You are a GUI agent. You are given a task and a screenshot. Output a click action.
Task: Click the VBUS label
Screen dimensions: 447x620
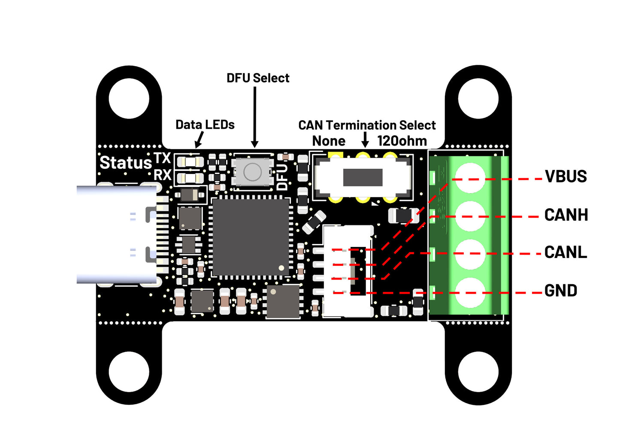click(566, 176)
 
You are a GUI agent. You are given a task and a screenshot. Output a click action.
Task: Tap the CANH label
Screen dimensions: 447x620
click(566, 215)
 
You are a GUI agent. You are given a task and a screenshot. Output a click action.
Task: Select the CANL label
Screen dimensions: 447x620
click(565, 252)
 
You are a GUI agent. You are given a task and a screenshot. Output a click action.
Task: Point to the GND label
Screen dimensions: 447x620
click(560, 291)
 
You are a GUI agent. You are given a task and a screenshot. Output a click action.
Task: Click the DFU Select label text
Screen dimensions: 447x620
click(258, 78)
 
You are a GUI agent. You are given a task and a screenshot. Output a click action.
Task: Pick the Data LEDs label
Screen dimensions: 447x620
click(205, 125)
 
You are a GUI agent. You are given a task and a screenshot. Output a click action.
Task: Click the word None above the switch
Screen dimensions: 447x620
click(329, 141)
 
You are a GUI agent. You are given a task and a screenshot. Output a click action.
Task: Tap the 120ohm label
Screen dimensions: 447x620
click(402, 141)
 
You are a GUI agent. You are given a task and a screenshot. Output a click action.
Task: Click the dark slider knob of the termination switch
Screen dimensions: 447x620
click(363, 177)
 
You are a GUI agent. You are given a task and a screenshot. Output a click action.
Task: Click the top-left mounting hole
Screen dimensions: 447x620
click(129, 98)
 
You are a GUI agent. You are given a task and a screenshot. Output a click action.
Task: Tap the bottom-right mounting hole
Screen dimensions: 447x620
click(478, 371)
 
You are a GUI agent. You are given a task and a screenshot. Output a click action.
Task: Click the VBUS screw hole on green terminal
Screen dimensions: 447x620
click(470, 178)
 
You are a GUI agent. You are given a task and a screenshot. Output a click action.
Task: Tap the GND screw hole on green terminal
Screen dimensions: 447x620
click(470, 293)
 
